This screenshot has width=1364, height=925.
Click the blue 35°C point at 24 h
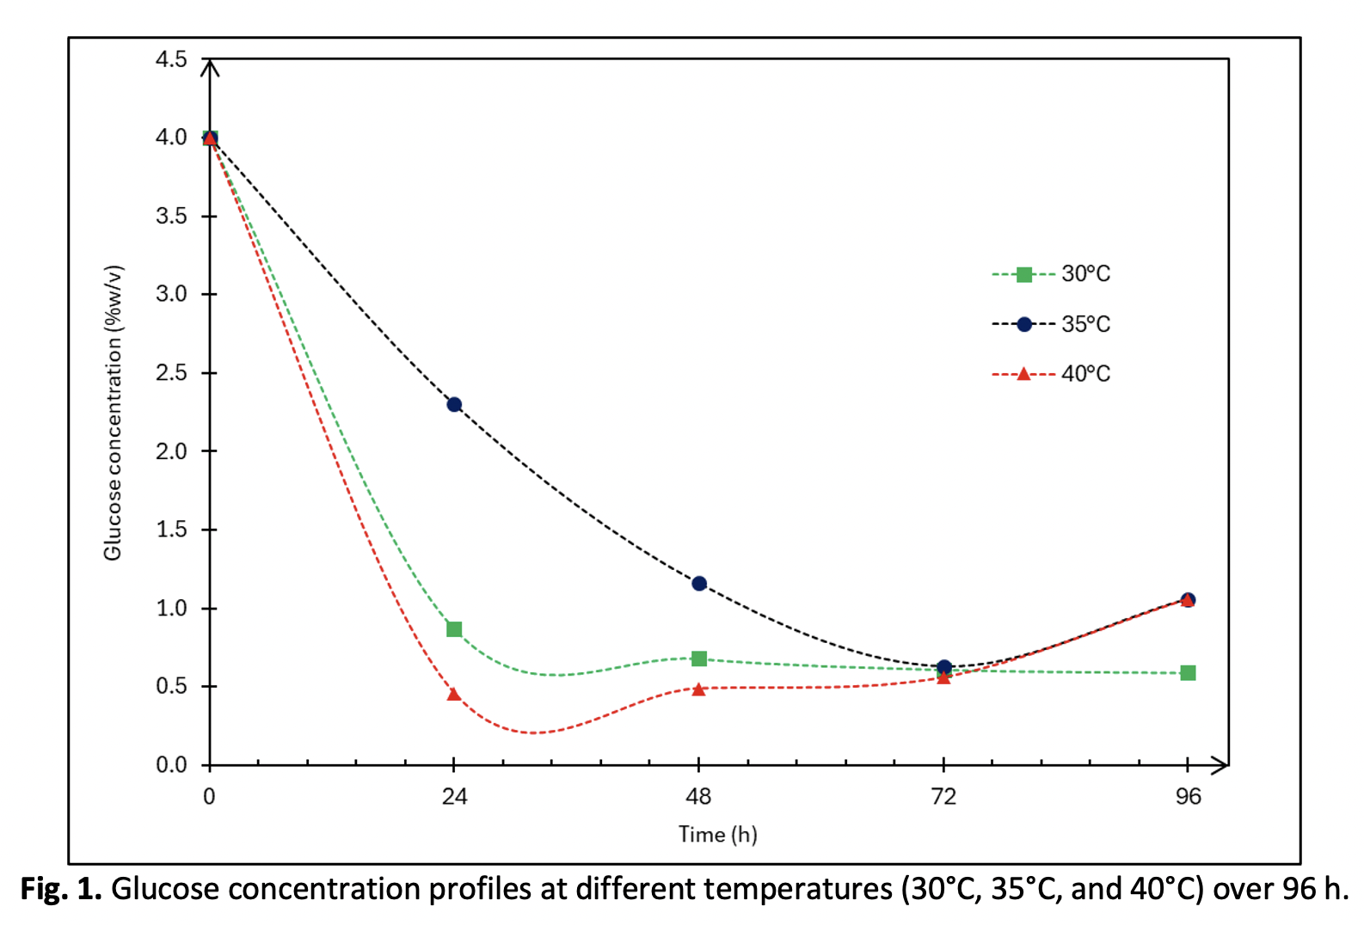(x=454, y=404)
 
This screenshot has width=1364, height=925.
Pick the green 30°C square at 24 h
(x=454, y=629)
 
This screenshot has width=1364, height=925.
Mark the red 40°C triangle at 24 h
(x=454, y=694)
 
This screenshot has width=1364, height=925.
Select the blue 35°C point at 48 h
(x=699, y=584)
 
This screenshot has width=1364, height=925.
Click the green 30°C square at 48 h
(x=699, y=659)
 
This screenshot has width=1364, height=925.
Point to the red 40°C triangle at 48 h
(x=699, y=689)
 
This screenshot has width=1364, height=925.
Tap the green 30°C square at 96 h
(x=1188, y=673)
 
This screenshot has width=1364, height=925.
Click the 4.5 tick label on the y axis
(x=171, y=59)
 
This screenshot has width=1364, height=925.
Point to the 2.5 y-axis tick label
(x=171, y=373)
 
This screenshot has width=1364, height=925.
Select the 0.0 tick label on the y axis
(x=171, y=765)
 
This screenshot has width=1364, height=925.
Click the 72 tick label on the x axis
(x=943, y=797)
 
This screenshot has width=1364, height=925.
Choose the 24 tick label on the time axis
(x=454, y=797)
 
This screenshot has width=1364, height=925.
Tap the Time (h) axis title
(x=717, y=835)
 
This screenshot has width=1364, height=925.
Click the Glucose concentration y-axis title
(x=113, y=413)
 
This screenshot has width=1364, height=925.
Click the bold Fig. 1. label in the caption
(x=61, y=889)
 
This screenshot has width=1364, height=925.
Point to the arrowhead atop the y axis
(x=210, y=65)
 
